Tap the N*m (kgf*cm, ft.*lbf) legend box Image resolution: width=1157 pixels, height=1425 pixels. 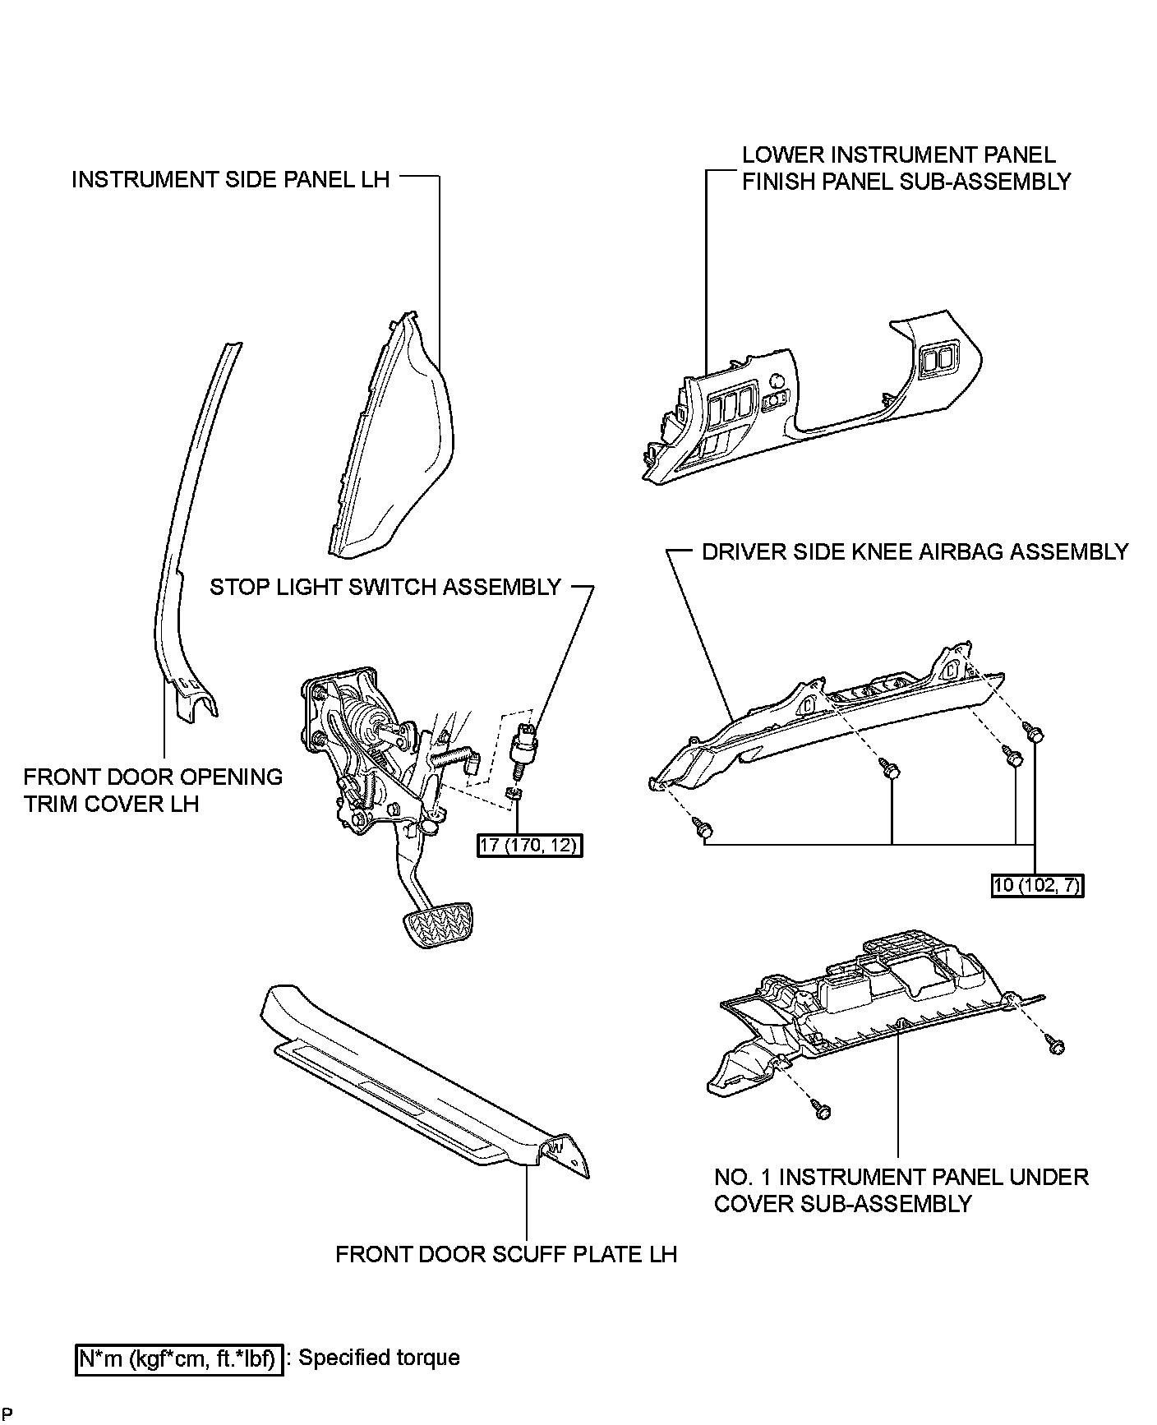coord(179,1358)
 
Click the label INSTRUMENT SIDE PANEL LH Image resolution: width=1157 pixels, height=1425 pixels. coord(230,179)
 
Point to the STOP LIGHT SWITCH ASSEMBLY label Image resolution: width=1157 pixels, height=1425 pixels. coord(385,587)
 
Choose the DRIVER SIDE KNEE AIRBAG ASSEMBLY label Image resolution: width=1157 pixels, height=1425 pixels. coord(915,551)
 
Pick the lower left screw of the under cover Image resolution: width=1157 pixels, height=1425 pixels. coord(821,1110)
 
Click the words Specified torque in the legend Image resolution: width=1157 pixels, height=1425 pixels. coord(379,1358)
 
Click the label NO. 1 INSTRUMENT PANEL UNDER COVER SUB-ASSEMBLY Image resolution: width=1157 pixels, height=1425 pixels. coord(901,1190)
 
